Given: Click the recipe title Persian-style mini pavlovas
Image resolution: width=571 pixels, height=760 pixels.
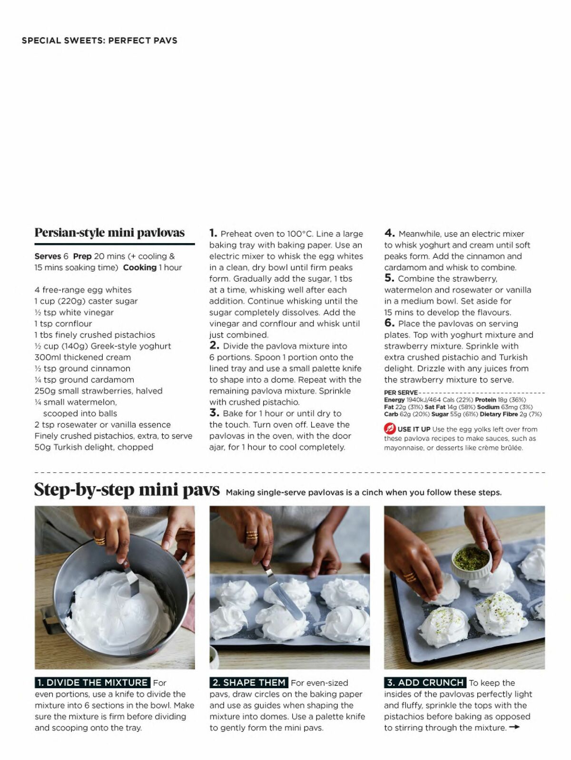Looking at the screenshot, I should click(109, 233).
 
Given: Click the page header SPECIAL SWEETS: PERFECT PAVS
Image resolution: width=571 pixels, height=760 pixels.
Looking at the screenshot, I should click(99, 40).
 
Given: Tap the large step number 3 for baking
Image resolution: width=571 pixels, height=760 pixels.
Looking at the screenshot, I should click(214, 413).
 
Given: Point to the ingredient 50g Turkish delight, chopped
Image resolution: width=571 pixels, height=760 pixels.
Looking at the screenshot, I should click(94, 447).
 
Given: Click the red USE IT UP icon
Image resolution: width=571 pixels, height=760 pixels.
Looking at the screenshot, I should click(390, 429).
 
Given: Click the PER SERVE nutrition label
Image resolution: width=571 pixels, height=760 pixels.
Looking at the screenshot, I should click(401, 392).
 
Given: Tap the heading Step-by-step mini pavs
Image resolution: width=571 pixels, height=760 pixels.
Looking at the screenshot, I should click(127, 490).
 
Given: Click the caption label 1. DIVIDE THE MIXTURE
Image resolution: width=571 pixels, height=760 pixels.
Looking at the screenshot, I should click(92, 682).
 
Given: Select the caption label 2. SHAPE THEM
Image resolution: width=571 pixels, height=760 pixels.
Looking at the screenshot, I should click(249, 682).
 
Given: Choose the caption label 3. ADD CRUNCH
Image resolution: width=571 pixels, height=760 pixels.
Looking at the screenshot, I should click(425, 682).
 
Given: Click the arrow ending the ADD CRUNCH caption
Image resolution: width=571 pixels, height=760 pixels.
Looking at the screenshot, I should click(514, 727).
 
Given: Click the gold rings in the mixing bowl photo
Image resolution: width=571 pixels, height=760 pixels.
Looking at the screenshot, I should click(100, 541).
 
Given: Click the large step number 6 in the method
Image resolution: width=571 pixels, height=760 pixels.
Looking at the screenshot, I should click(389, 323).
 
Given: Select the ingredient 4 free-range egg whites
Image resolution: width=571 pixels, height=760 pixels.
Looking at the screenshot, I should click(83, 290).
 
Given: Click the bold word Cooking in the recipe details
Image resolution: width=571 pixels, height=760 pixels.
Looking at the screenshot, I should click(139, 267).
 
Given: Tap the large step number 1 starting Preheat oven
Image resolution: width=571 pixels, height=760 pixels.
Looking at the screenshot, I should click(213, 233).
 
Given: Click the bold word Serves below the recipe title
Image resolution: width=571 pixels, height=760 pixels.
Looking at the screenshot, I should click(48, 256).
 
